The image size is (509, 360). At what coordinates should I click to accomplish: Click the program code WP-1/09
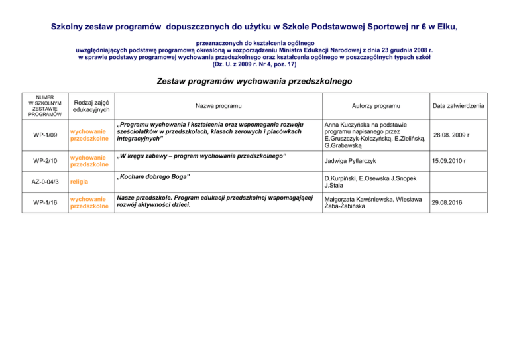coord(46,135)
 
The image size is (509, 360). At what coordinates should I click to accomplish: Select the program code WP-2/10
coord(46,161)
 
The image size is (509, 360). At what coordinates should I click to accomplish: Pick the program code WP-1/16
coord(46,202)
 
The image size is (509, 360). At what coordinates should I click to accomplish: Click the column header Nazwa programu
coord(217,106)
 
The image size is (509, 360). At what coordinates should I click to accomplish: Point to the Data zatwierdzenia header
coord(458,106)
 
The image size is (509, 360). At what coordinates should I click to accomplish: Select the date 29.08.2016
coord(447,202)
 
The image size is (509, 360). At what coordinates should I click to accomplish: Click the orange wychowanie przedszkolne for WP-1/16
coord(89,202)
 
